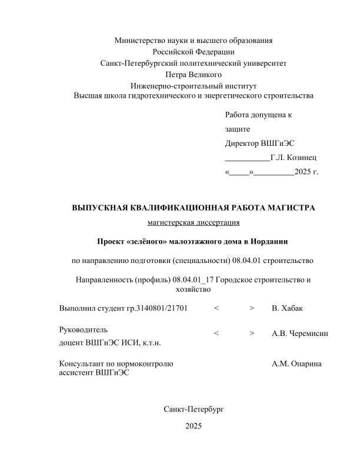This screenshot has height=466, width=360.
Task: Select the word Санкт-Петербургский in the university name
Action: (141, 62)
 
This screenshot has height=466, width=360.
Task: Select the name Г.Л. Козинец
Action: (294, 158)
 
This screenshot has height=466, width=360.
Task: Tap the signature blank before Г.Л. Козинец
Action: (247, 158)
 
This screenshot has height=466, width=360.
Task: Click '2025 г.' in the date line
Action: (306, 172)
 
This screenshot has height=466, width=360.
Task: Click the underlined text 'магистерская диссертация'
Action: (194, 222)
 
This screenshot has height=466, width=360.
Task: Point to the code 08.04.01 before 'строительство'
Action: (247, 259)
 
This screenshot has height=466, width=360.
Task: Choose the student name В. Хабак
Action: (288, 308)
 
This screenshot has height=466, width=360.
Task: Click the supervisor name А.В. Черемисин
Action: (300, 334)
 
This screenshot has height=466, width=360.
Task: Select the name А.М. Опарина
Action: (296, 364)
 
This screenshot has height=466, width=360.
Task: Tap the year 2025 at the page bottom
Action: (194, 425)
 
